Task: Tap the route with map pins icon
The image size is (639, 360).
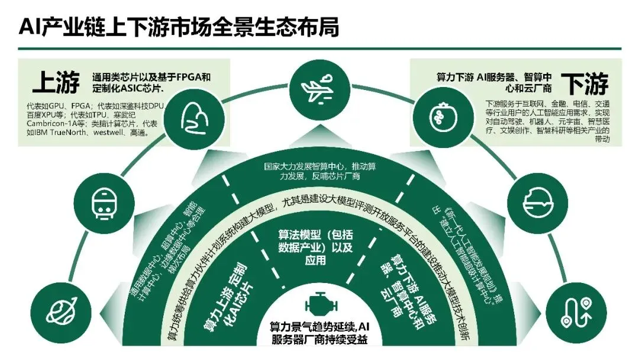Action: click(572, 310)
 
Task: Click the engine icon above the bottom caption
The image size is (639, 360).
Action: click(319, 304)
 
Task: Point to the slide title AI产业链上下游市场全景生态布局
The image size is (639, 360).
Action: click(179, 26)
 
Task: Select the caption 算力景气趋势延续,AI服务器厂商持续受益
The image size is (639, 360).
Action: click(319, 333)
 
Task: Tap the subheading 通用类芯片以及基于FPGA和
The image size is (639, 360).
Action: click(151, 77)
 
